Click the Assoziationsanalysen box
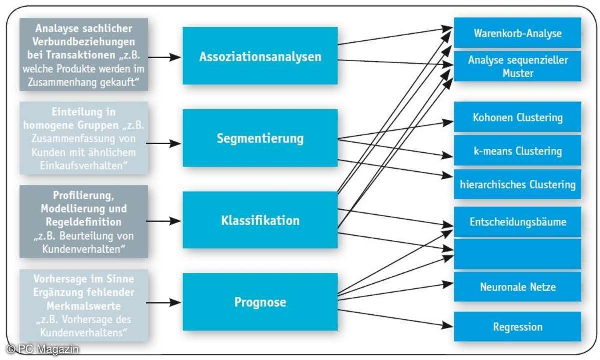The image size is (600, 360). click(260, 56)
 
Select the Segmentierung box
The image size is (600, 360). click(260, 138)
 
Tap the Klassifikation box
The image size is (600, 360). click(260, 220)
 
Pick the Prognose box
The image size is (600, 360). click(260, 302)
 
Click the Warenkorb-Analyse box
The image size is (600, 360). click(517, 33)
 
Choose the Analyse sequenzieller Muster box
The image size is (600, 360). click(517, 66)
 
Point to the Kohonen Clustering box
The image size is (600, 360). click(517, 118)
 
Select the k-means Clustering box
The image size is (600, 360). click(517, 151)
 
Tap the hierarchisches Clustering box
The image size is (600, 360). click(517, 184)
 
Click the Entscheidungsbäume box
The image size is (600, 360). click(517, 222)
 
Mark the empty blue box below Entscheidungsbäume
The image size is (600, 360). click(517, 254)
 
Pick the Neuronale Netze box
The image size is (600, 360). click(517, 287)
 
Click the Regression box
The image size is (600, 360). click(517, 327)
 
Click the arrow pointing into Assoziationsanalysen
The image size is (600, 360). click(165, 57)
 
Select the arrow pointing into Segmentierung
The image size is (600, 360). click(165, 143)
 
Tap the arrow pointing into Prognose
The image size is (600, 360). click(165, 302)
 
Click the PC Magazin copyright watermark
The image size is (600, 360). click(43, 350)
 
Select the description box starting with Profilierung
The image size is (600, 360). click(84, 221)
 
